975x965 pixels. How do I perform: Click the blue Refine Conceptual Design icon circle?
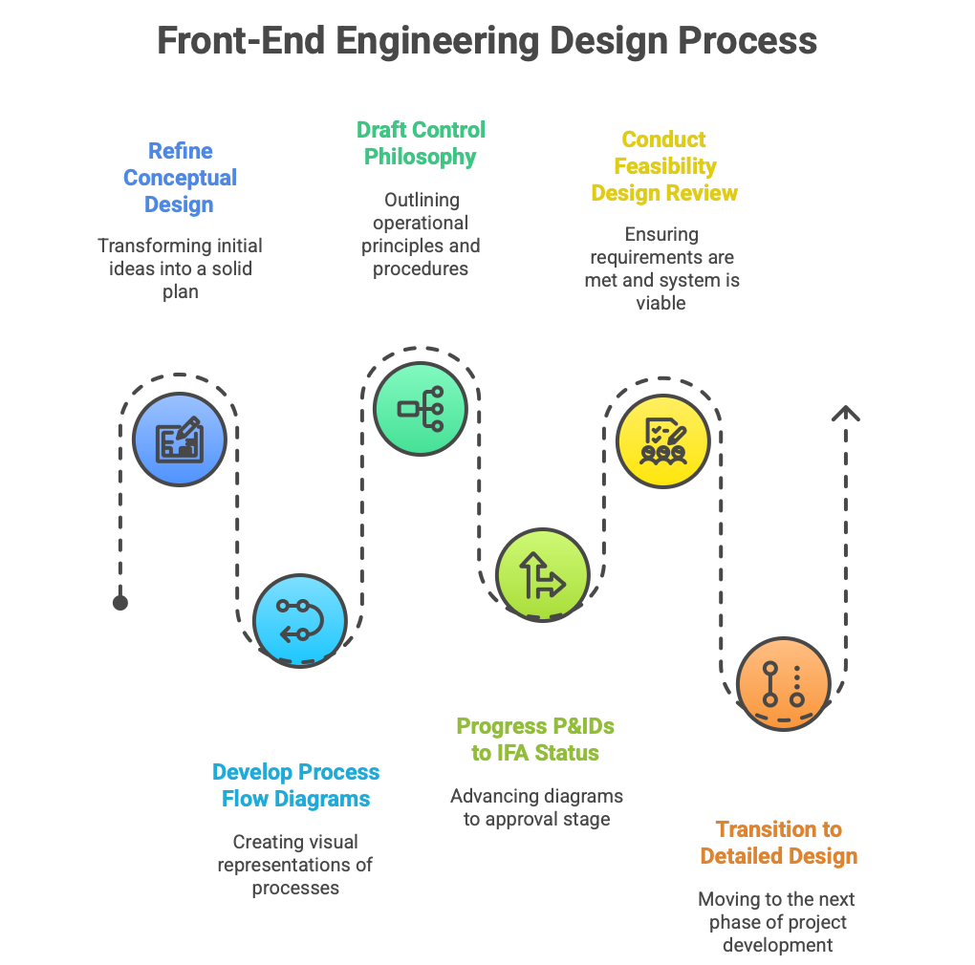click(180, 440)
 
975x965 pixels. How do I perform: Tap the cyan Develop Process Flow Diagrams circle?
click(300, 620)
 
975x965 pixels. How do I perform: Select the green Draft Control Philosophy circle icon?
click(420, 409)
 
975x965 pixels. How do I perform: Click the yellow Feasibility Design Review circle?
click(662, 441)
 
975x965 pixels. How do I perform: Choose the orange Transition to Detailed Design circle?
click(783, 684)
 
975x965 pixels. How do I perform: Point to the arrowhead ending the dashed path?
click(845, 415)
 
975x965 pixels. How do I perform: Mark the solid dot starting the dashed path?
click(120, 602)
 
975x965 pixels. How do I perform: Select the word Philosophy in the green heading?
click(421, 157)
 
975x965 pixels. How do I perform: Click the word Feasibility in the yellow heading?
click(664, 166)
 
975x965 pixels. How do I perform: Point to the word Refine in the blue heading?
click(181, 151)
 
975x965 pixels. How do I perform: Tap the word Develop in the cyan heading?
click(253, 772)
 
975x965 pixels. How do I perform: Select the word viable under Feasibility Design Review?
click(662, 303)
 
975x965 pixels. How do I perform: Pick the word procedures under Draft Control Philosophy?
click(421, 268)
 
